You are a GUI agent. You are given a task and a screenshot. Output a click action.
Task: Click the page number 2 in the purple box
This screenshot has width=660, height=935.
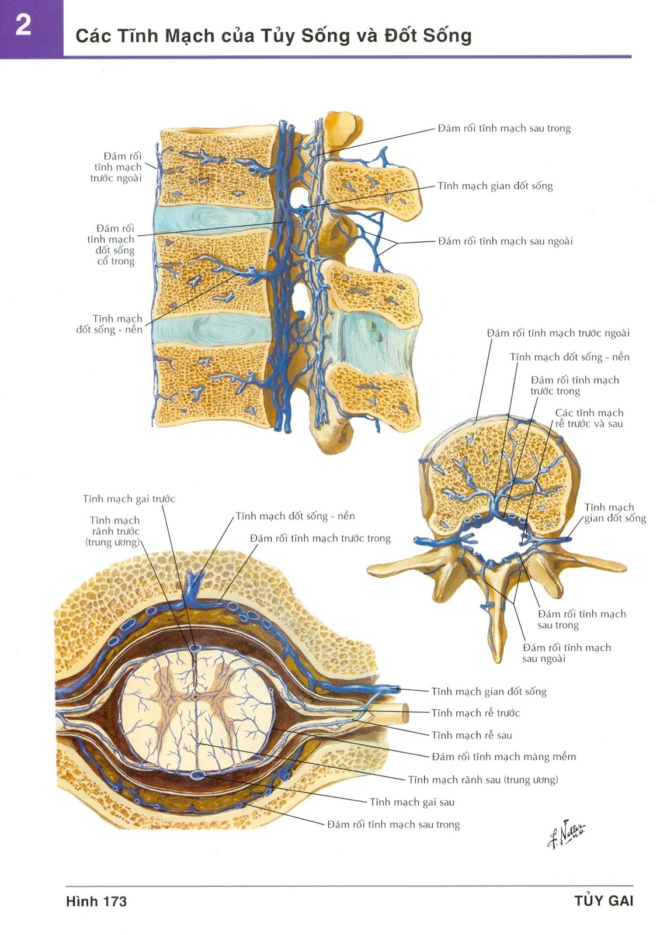click(23, 26)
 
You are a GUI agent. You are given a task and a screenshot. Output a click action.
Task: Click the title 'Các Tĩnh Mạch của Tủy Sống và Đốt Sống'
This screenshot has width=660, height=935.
click(273, 36)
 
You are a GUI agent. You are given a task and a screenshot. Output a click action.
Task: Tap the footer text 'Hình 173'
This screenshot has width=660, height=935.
click(96, 901)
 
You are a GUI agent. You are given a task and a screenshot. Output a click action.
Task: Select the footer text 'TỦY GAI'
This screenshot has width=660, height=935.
click(603, 901)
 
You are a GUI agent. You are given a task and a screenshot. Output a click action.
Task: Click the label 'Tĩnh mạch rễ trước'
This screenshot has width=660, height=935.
click(475, 713)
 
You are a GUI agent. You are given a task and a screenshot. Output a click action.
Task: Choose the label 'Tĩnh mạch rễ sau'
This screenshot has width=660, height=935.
click(471, 735)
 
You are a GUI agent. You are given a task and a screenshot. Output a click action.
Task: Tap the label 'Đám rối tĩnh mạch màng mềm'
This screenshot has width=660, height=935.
click(503, 757)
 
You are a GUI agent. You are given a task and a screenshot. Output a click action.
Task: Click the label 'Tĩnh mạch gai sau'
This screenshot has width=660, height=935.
click(412, 802)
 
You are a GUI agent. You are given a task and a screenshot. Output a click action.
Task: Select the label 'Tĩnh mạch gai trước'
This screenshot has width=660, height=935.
click(128, 498)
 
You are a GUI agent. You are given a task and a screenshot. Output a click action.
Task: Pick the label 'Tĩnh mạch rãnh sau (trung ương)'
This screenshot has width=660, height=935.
click(482, 780)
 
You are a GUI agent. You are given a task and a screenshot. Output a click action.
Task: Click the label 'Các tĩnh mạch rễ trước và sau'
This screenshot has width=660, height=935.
click(589, 418)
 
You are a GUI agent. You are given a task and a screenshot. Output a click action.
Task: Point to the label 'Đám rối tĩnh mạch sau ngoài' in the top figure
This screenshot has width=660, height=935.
click(505, 241)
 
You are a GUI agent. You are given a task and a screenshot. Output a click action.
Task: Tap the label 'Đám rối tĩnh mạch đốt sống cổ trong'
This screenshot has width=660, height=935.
click(115, 245)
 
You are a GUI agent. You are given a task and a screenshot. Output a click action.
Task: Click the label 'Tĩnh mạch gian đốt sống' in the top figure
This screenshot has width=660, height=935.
click(495, 186)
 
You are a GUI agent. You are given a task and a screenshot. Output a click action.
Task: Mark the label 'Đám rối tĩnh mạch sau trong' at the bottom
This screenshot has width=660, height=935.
click(393, 825)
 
